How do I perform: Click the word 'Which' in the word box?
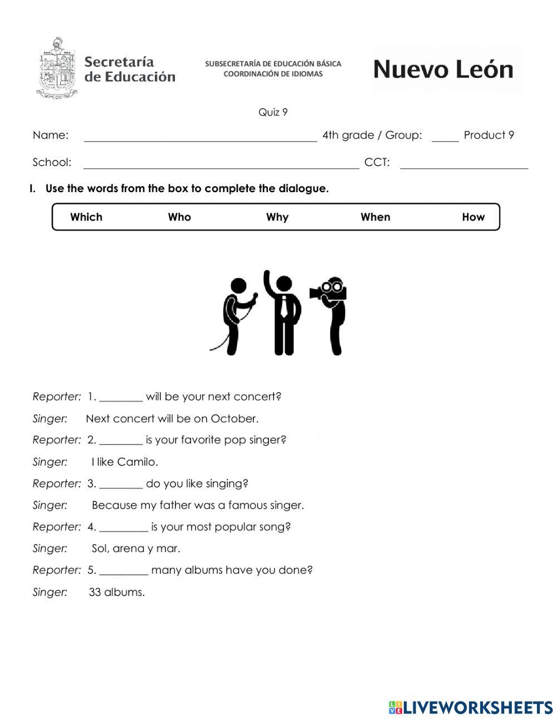[86, 217]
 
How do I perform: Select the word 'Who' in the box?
[179, 217]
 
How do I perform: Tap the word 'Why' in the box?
[277, 217]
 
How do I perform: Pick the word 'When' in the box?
[375, 217]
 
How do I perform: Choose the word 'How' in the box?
[473, 217]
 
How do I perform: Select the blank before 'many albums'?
[124, 571]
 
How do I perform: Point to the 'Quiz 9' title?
[273, 113]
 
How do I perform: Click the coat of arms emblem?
[57, 68]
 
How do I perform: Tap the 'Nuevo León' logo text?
[443, 70]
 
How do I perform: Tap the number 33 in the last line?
[95, 593]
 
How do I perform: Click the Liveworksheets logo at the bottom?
[471, 707]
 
